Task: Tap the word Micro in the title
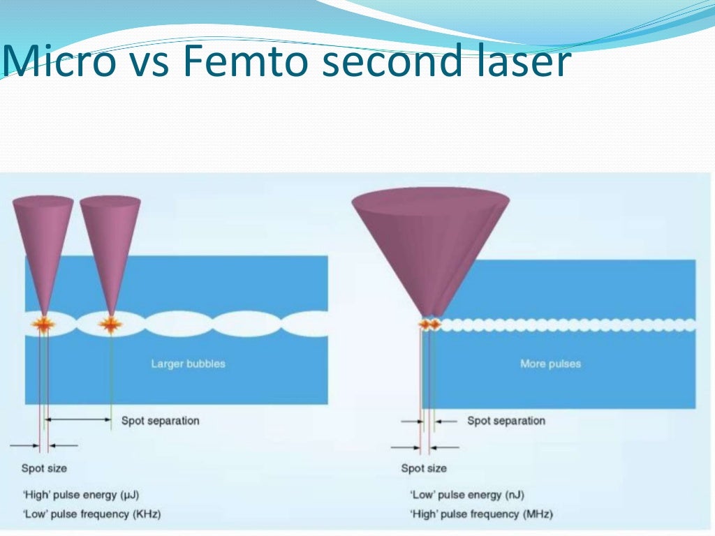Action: point(59,62)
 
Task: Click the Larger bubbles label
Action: point(188,364)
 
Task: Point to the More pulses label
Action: point(550,364)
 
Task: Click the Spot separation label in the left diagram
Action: point(160,421)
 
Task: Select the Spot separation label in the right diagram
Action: point(506,421)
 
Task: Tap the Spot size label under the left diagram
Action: point(44,468)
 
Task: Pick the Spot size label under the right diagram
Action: point(423,468)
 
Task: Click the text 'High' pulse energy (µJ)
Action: point(81,495)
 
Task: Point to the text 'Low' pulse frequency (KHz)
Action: point(91,514)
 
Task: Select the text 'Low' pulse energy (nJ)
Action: point(465,495)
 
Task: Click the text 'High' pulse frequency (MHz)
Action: point(481,514)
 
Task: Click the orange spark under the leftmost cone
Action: point(43,324)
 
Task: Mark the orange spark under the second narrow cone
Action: point(110,324)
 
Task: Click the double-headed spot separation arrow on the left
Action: point(78,419)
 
